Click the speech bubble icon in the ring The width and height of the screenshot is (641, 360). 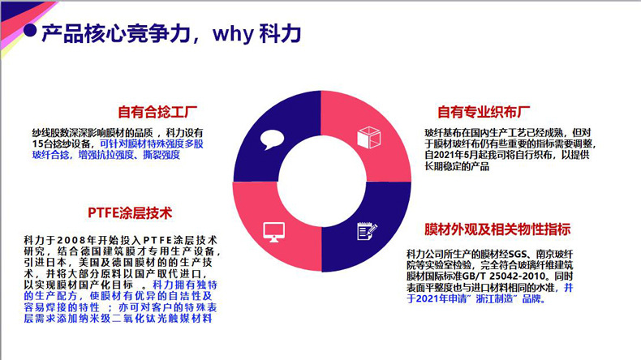pyautogui.click(x=272, y=139)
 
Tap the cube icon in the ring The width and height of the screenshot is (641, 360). pyautogui.click(x=368, y=137)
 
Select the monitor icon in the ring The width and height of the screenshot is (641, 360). pyautogui.click(x=274, y=232)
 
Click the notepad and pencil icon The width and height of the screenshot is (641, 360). pyautogui.click(x=367, y=231)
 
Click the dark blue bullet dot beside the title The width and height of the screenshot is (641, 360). pyautogui.click(x=30, y=30)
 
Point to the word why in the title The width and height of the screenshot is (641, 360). pyautogui.click(x=233, y=33)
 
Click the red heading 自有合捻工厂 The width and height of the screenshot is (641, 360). pyautogui.click(x=157, y=112)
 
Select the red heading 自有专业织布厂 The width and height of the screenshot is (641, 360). pyautogui.click(x=484, y=112)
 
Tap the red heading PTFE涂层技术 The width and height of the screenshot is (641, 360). pyautogui.click(x=130, y=213)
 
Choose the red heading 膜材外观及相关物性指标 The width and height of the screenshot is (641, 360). pyautogui.click(x=497, y=229)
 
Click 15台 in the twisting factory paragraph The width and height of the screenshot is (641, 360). pyautogui.click(x=41, y=144)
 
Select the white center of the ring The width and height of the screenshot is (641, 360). pyautogui.click(x=322, y=181)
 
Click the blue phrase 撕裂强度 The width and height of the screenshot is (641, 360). pyautogui.click(x=161, y=155)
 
